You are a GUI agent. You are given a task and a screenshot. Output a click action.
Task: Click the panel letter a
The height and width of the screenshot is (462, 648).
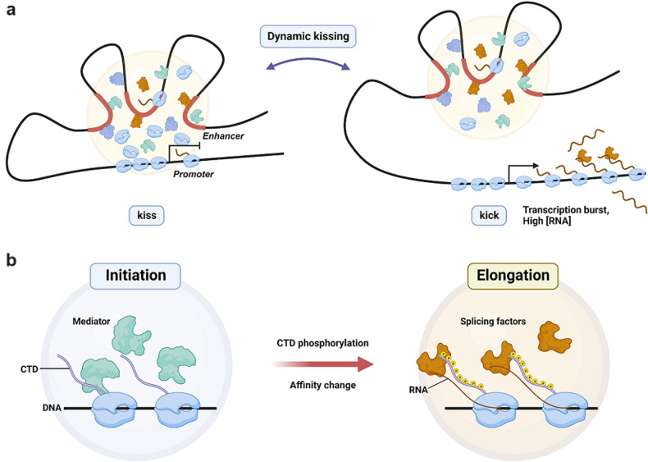click(x=10, y=11)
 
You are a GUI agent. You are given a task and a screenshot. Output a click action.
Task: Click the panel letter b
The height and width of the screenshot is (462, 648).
click(x=10, y=262)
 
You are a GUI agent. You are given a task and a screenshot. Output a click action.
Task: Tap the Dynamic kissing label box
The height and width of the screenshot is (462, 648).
click(x=306, y=36)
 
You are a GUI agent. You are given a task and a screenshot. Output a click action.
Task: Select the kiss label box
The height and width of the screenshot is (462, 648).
click(x=148, y=217)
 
